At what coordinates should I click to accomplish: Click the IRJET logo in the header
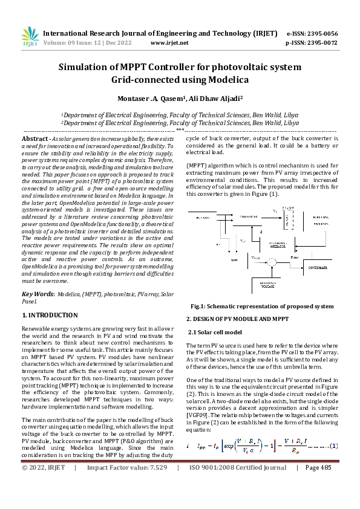(30, 36)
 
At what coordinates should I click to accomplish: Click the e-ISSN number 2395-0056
(320, 34)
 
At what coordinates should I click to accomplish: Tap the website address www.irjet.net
(169, 43)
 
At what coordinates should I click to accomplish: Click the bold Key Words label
(37, 294)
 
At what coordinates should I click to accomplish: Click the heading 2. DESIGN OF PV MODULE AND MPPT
(238, 319)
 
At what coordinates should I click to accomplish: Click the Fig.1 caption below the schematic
(261, 306)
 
